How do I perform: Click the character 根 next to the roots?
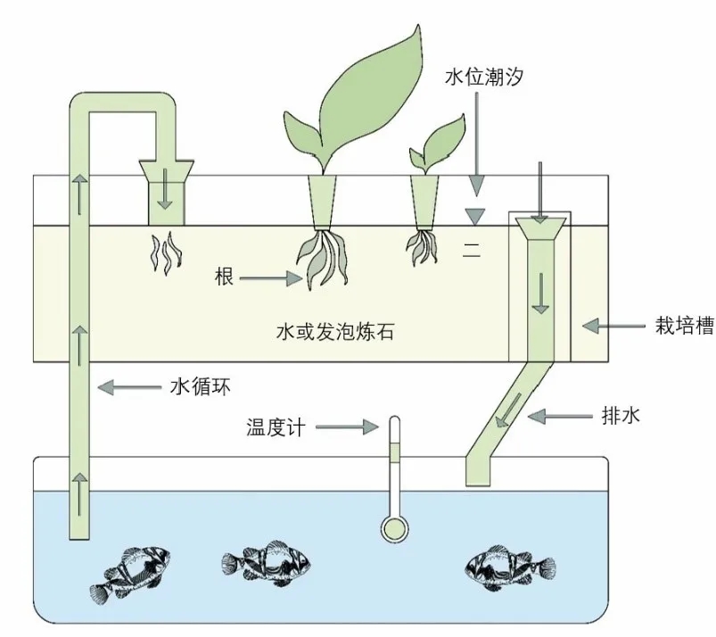point(224,278)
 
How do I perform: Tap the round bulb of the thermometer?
point(393,528)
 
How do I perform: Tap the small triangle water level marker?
point(477,215)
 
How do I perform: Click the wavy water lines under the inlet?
point(164,252)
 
